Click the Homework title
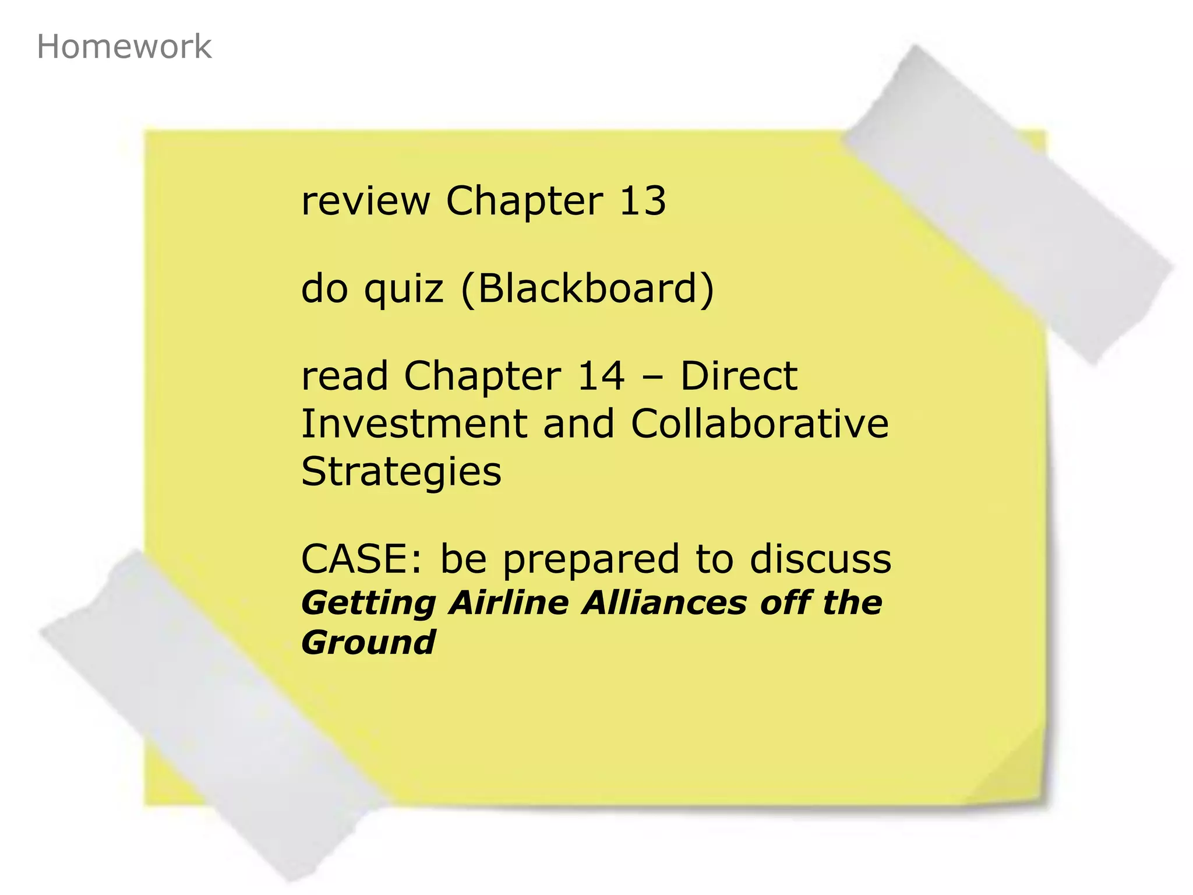click(123, 47)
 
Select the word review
click(365, 201)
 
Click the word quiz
click(403, 290)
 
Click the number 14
click(601, 376)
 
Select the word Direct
click(739, 376)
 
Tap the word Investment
click(414, 424)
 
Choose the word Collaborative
click(760, 424)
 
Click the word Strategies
click(401, 472)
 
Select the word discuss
click(820, 559)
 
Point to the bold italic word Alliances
click(665, 602)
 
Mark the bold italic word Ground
click(368, 643)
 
